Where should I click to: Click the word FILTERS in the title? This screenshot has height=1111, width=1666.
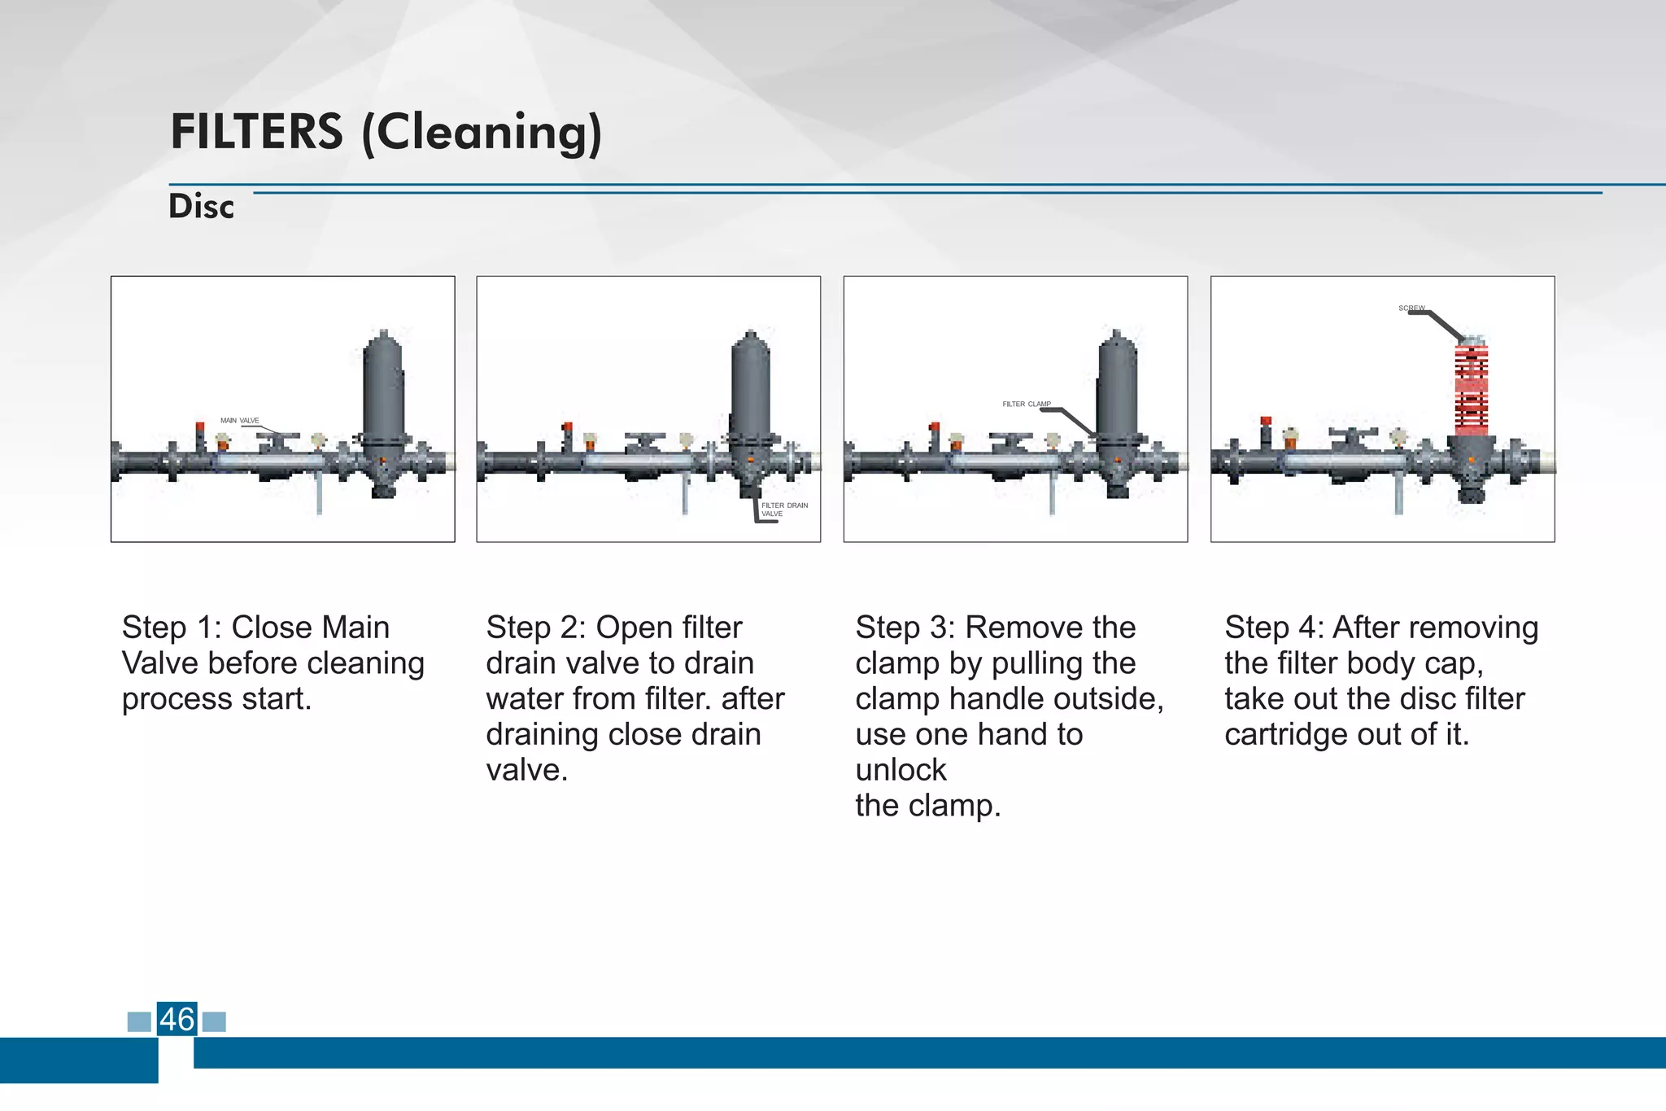(x=256, y=132)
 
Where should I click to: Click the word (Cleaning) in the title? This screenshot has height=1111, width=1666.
(x=482, y=133)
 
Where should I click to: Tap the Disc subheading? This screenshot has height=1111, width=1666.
(x=201, y=207)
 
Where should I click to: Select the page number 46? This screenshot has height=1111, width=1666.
(x=177, y=1019)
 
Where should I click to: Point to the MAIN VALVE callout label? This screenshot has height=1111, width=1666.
(x=239, y=421)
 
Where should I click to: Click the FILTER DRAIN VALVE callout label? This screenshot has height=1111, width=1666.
(x=784, y=510)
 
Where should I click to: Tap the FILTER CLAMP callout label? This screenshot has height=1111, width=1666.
(x=1026, y=404)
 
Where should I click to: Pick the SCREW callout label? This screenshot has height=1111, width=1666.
(x=1411, y=308)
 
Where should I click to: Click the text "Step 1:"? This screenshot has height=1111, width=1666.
(x=172, y=628)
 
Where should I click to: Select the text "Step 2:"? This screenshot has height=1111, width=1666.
(x=536, y=628)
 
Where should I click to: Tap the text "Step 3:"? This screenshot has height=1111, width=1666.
(x=905, y=628)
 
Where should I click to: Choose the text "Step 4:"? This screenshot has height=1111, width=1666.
(x=1275, y=628)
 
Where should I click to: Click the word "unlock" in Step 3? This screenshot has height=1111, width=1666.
(x=901, y=770)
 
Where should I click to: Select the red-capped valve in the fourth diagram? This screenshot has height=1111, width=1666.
(x=1266, y=432)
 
